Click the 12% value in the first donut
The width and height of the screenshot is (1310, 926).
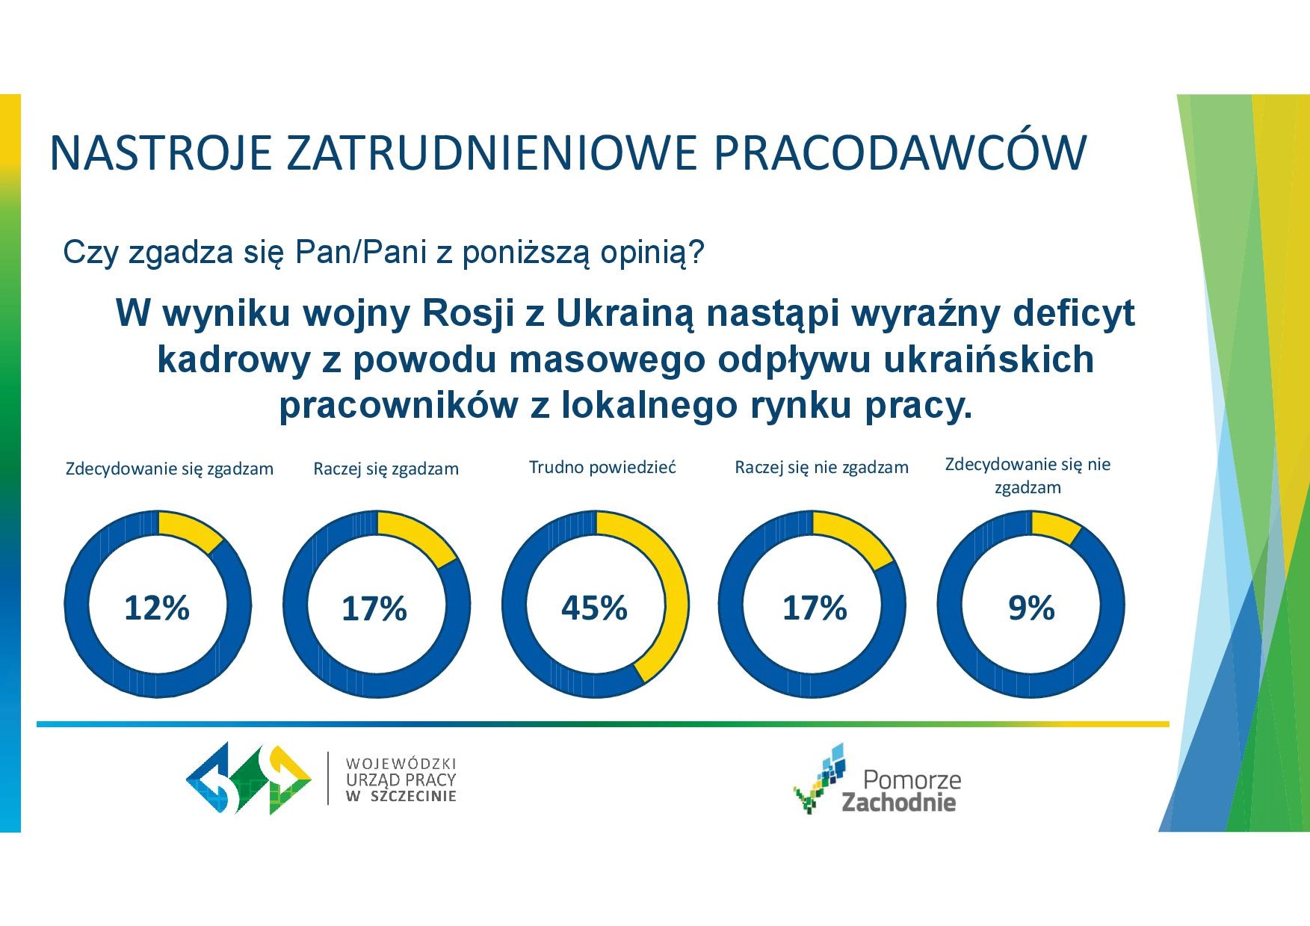(x=157, y=608)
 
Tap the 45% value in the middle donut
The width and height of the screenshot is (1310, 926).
(x=594, y=608)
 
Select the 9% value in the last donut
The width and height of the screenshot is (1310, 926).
(x=1031, y=608)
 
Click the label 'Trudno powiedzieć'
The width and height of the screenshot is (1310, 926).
(x=602, y=468)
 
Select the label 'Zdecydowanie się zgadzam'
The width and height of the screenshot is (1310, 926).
(x=170, y=469)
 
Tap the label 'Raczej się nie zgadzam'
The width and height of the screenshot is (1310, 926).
(x=822, y=468)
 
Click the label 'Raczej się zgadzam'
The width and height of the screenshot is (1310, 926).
(x=386, y=469)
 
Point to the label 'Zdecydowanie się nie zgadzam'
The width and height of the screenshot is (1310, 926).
(x=1028, y=476)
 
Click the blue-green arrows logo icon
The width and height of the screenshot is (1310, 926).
(x=249, y=778)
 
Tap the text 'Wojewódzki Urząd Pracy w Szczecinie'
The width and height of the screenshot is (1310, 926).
(x=401, y=780)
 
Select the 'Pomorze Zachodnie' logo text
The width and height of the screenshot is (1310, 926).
(x=901, y=791)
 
